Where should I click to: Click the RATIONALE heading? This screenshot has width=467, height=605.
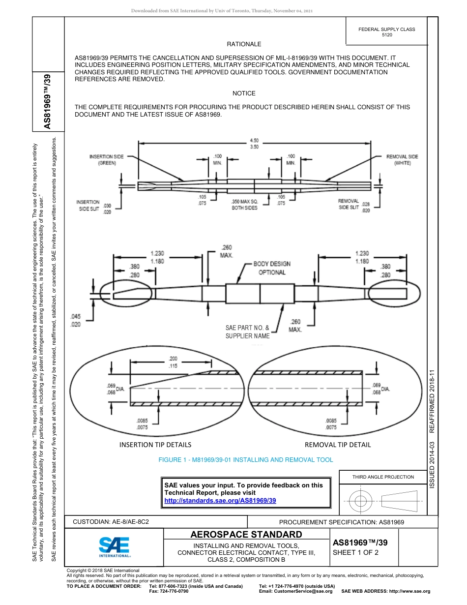244,44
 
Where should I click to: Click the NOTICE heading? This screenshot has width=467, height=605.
244,93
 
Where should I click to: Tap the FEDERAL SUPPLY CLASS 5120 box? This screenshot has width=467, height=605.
386,32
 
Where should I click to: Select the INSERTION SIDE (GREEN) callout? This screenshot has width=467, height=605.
106,160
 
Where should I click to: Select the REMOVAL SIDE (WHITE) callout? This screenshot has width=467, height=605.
402,160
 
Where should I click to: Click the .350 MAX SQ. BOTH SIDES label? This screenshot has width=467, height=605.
244,205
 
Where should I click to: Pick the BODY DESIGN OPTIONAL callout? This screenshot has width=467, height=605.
272,268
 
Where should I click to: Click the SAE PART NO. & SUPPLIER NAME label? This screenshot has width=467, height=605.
248,332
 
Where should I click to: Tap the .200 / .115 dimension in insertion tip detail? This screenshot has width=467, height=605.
173,362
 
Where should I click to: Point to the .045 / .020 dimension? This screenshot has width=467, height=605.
76,320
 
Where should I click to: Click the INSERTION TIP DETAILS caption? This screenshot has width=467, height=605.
155,445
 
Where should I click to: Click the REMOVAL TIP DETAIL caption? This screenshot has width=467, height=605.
338,445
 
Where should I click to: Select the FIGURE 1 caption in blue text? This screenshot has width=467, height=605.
245,460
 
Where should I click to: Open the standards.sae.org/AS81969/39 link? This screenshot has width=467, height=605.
220,500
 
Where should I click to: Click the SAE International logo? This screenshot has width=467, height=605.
115,546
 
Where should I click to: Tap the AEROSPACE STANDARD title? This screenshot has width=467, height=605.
246,535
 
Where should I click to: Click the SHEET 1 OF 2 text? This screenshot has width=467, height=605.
355,552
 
